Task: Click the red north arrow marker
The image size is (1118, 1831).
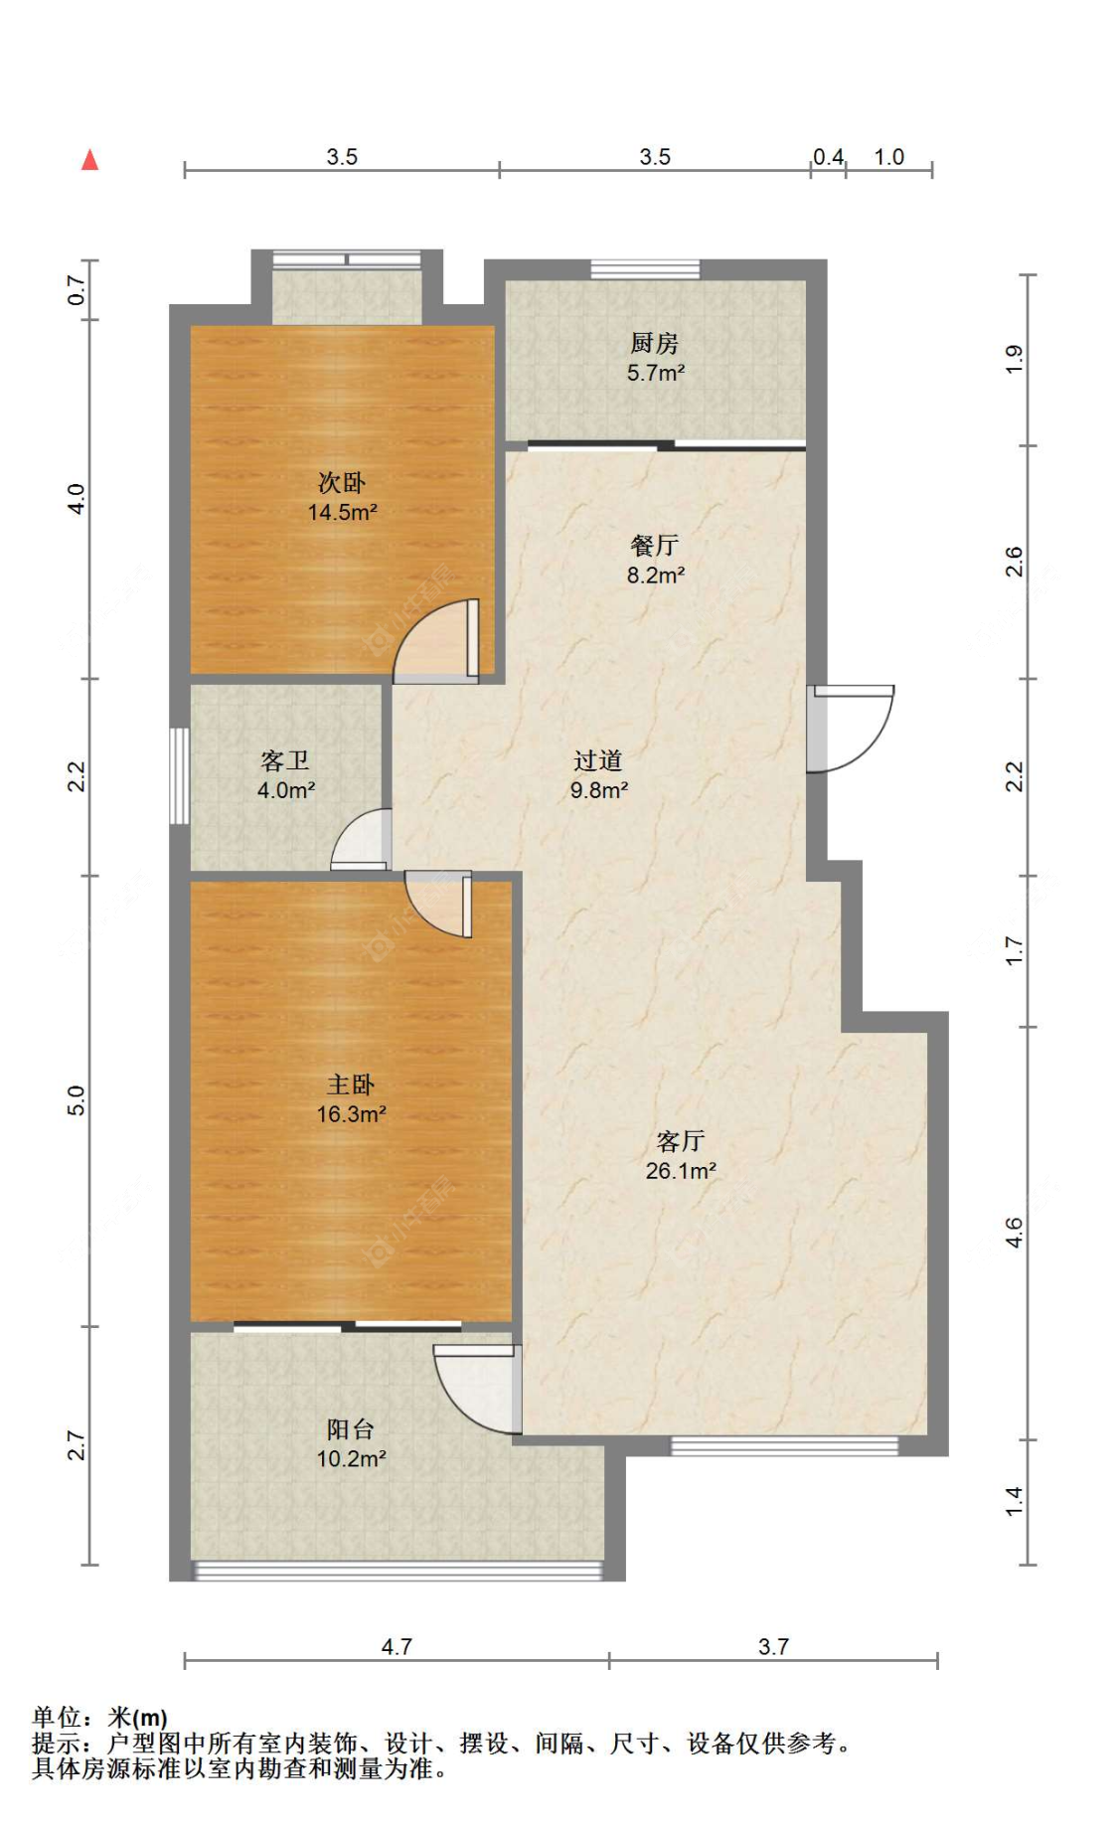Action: click(x=89, y=159)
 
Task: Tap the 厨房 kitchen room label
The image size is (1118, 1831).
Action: click(x=654, y=343)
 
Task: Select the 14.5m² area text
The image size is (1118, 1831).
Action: click(x=342, y=513)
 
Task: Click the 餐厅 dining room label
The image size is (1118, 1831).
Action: click(x=654, y=545)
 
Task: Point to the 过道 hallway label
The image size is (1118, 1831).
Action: click(x=598, y=760)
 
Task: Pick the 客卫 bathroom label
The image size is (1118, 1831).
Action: click(x=285, y=760)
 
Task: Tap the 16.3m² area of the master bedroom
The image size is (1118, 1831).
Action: click(x=351, y=1114)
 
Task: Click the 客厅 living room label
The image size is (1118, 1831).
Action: click(x=681, y=1141)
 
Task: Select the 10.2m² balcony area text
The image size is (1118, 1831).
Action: click(x=351, y=1459)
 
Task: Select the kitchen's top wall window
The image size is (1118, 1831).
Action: click(x=645, y=268)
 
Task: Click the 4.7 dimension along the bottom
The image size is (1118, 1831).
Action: click(x=397, y=1647)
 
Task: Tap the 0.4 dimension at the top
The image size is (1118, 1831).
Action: click(x=828, y=157)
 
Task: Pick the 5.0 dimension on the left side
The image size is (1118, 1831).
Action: click(x=77, y=1100)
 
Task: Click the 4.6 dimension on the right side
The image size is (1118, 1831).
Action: click(x=1013, y=1233)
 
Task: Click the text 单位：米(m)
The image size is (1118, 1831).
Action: click(x=100, y=1717)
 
